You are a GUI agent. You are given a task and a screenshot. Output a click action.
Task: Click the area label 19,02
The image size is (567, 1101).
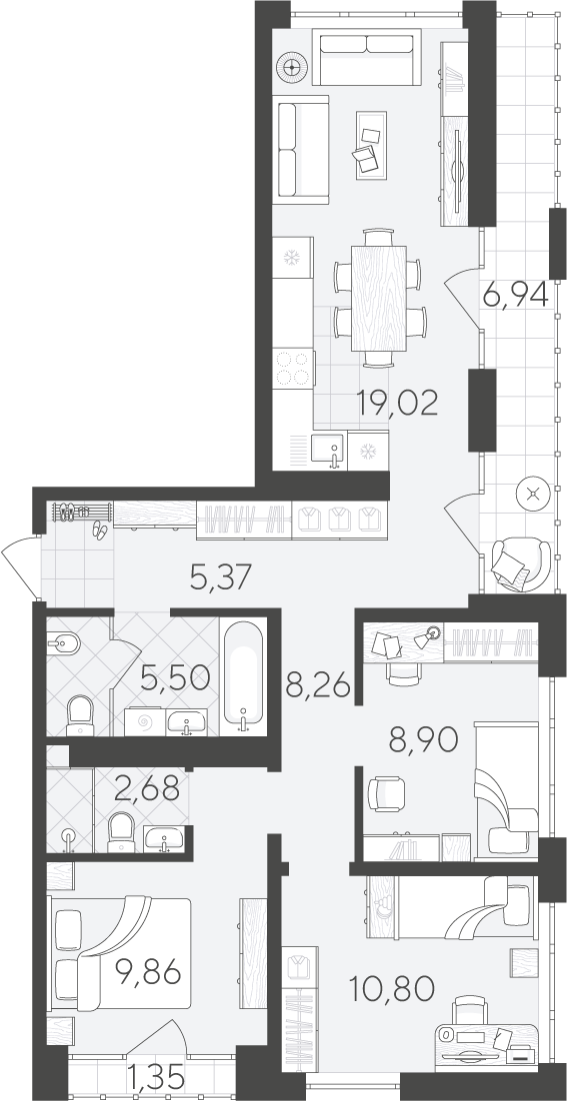pos(397,403)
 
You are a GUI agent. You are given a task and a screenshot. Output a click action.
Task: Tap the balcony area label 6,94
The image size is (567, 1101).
pos(515,296)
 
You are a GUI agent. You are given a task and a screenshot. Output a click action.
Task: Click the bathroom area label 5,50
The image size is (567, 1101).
pos(175,677)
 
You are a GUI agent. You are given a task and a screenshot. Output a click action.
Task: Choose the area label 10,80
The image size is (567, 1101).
pos(392,989)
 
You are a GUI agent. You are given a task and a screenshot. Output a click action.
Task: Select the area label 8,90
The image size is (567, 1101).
pos(424,739)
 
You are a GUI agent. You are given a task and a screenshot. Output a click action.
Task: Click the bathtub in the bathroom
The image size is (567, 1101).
pos(243,676)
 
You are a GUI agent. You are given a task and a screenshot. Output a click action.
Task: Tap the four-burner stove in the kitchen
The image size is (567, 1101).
pos(293,368)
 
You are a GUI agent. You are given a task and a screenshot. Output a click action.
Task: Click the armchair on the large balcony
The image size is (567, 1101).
pos(520,563)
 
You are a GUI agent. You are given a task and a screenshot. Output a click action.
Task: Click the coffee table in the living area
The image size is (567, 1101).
pos(371,145)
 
